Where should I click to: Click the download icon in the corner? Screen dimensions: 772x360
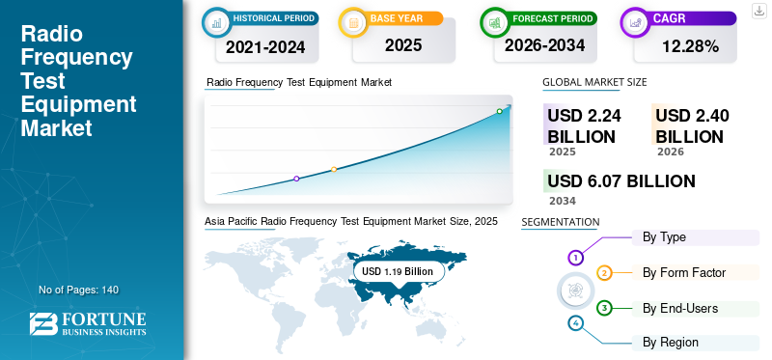pos(758,11)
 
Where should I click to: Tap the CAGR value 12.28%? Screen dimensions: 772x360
pos(690,46)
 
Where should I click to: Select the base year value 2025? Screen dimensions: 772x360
pos(403,45)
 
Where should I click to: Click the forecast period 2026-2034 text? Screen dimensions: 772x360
pos(544,45)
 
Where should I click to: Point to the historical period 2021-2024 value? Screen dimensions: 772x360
pos(265,46)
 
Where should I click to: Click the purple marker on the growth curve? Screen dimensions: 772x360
pos(296,179)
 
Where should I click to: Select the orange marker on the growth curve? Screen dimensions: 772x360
pos(334,170)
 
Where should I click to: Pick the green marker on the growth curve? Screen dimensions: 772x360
pos(499,111)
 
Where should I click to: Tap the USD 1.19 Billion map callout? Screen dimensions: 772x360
pos(398,271)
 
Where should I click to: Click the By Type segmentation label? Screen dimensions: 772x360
pos(664,237)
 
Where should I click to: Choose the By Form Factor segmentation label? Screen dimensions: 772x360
pos(684,272)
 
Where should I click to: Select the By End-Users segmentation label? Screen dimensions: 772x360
pos(680,308)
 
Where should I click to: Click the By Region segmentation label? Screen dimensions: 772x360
pos(671,343)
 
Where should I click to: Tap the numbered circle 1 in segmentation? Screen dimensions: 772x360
pos(575,257)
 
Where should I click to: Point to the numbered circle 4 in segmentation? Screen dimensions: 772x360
pos(575,323)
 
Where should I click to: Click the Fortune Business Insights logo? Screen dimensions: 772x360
pos(88,323)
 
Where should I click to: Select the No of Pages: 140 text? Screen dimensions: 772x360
pos(79,290)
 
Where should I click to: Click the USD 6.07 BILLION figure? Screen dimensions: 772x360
pos(621,181)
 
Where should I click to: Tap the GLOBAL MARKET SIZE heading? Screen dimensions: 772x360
pos(594,82)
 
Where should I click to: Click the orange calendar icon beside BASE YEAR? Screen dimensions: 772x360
pos(353,22)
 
